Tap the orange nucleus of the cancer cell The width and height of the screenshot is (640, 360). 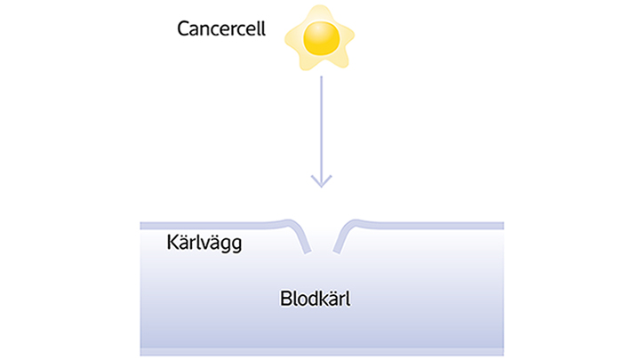(x=320, y=36)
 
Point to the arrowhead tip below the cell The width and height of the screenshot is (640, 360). (x=321, y=187)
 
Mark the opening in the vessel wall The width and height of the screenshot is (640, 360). (x=321, y=236)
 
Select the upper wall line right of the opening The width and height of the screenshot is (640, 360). (x=427, y=225)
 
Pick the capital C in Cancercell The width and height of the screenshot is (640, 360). (x=184, y=27)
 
